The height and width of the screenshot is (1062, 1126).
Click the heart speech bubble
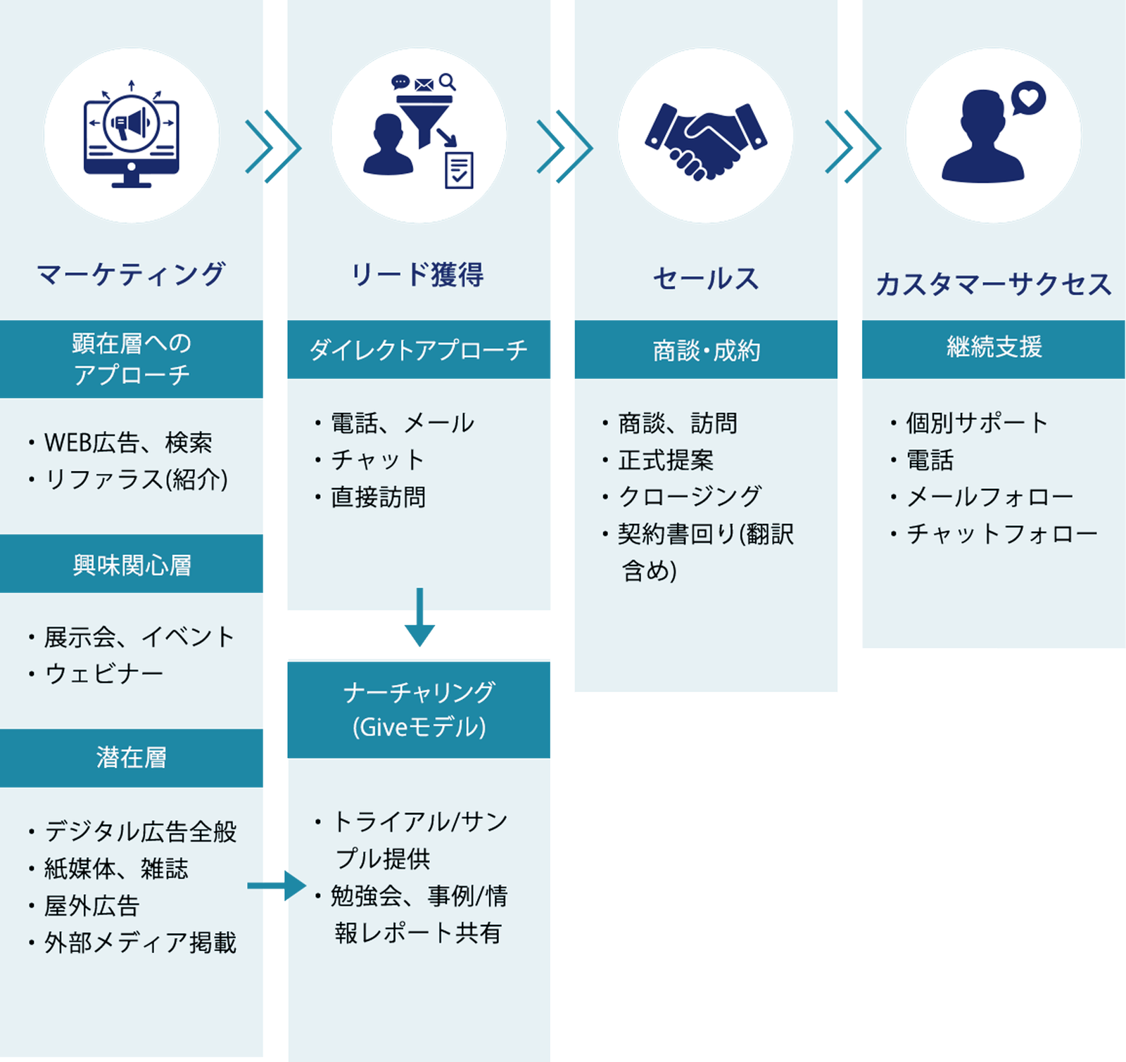[1028, 98]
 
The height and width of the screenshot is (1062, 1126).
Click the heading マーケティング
[131, 274]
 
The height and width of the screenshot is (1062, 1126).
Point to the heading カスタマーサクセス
[993, 284]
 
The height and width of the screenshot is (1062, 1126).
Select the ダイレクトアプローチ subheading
[418, 350]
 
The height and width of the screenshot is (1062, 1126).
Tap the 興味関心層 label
[132, 565]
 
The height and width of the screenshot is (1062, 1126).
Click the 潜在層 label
[132, 757]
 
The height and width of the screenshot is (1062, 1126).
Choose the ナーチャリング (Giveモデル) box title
[419, 709]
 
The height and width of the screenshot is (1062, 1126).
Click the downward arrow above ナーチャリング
[419, 619]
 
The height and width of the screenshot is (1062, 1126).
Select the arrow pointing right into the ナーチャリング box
[278, 885]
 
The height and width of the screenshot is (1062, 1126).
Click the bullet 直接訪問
[378, 497]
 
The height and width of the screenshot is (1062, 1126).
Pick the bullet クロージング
[689, 497]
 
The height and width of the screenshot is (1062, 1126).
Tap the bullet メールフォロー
[989, 497]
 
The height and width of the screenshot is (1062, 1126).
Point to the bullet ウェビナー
[104, 674]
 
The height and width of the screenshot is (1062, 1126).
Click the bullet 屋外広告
[92, 906]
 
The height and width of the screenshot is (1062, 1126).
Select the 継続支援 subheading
[993, 347]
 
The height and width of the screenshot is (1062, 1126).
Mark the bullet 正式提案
[665, 461]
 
